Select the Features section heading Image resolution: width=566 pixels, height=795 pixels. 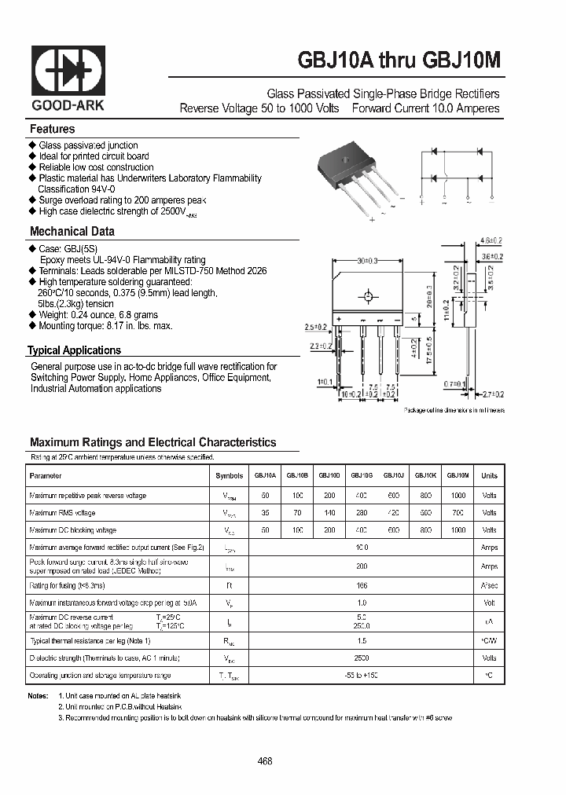[x=52, y=129]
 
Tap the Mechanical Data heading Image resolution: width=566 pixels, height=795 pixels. [x=72, y=232]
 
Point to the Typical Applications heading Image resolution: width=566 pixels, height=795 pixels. [x=74, y=350]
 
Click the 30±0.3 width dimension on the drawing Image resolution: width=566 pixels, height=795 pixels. [x=367, y=261]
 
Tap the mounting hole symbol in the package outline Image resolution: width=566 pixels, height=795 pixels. [x=366, y=297]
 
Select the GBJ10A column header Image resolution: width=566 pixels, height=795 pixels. [x=265, y=476]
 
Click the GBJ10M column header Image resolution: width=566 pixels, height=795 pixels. [x=458, y=476]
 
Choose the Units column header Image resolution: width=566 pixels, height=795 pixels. [x=489, y=476]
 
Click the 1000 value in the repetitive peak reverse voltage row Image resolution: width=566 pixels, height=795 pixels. [x=458, y=496]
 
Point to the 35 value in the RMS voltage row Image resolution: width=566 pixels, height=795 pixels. [x=265, y=513]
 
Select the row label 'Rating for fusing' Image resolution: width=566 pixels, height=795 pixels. [x=67, y=585]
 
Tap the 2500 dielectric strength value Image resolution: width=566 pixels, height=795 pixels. [x=362, y=658]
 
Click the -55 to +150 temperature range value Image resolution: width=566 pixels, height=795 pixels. [x=362, y=676]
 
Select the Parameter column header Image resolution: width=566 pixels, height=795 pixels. [x=45, y=476]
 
